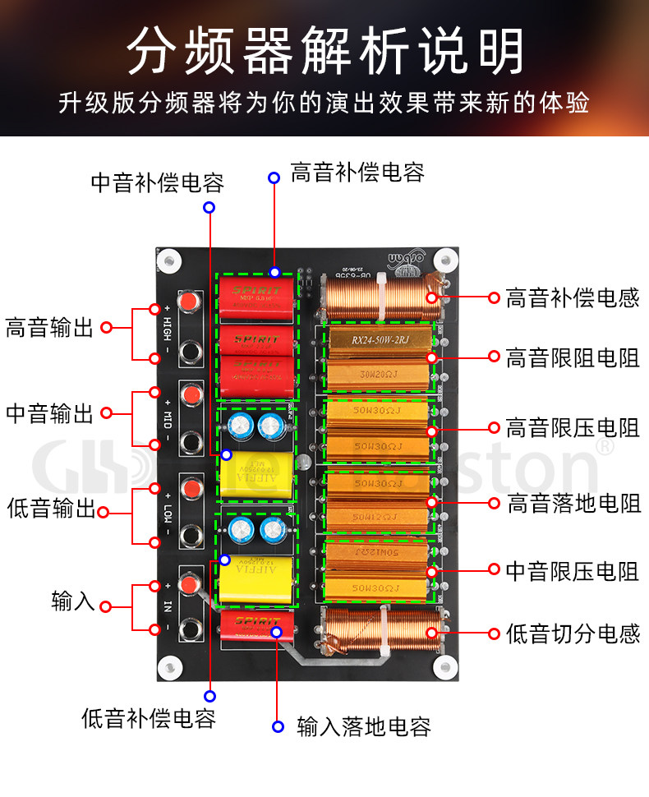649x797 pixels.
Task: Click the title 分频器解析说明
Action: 324,51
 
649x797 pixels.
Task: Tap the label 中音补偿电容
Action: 158,182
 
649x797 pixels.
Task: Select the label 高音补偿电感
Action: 573,297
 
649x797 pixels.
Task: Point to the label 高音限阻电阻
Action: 573,357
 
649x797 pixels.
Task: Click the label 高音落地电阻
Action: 573,502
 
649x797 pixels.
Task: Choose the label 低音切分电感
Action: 573,633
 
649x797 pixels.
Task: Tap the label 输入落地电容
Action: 363,726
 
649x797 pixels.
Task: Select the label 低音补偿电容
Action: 149,718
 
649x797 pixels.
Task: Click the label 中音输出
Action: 50,413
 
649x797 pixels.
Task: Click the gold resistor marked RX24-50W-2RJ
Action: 380,339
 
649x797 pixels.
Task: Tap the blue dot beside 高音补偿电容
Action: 274,176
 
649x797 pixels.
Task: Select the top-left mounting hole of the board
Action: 169,260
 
